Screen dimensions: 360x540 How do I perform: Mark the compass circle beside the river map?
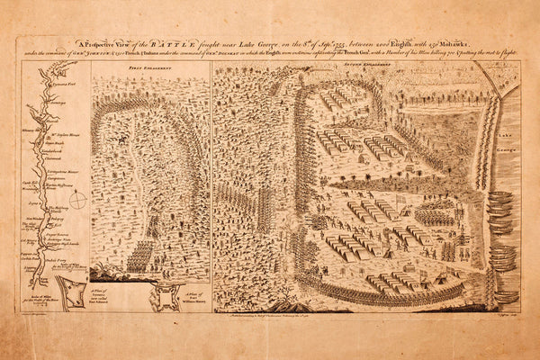click(78, 199)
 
